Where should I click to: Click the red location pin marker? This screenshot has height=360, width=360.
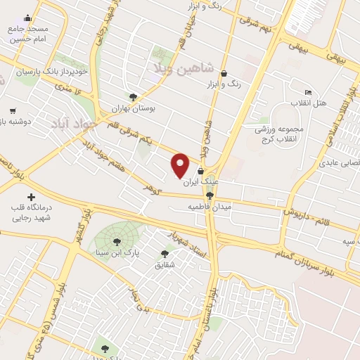[181, 165]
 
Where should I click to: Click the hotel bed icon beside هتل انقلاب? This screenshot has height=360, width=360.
[308, 92]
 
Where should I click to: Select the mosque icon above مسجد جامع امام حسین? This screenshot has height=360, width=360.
[28, 18]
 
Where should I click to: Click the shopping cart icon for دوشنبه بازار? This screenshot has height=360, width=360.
[13, 110]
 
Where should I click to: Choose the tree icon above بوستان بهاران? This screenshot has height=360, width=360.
[133, 97]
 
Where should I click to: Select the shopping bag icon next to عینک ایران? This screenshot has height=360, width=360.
[201, 170]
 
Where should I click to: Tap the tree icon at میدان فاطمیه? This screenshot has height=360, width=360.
[210, 196]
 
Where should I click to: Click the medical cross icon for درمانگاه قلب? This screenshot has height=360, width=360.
[30, 198]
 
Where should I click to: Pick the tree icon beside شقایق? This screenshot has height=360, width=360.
[165, 254]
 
